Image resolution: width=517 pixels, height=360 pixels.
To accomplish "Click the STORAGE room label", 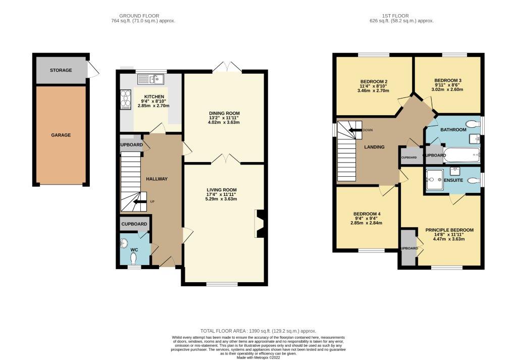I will (61, 70).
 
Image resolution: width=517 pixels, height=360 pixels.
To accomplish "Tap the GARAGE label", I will (61, 135).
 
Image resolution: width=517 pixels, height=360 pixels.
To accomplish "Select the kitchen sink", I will (150, 79).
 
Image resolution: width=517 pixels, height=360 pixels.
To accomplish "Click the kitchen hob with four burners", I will (124, 99).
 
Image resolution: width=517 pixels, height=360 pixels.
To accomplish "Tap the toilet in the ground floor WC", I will (134, 258).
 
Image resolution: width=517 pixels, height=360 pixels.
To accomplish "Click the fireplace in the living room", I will (260, 223).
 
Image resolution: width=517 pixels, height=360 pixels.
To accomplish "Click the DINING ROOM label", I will (225, 113).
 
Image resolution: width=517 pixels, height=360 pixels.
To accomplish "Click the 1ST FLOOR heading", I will (402, 16).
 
